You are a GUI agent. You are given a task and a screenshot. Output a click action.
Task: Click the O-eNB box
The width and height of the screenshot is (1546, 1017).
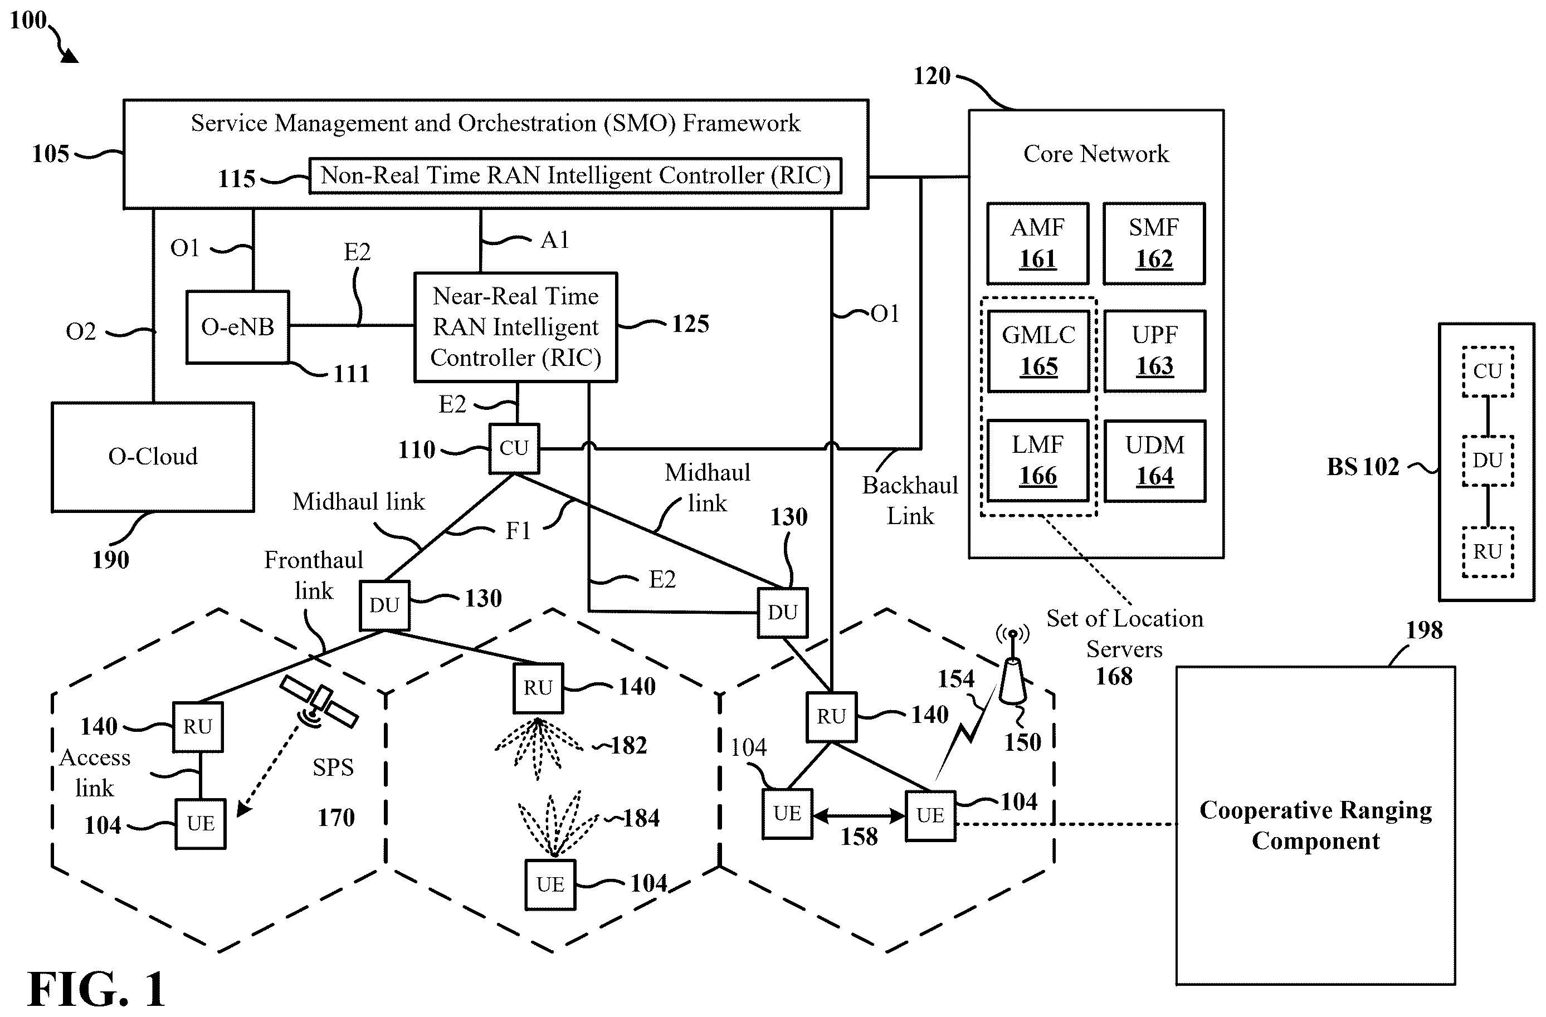[238, 327]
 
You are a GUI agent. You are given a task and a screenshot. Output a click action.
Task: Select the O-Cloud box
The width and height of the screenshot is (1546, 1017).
[153, 457]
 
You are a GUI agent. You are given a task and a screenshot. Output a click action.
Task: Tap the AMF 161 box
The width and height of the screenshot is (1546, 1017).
[1037, 243]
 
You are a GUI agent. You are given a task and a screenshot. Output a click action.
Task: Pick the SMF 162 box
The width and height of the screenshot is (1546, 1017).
[1154, 243]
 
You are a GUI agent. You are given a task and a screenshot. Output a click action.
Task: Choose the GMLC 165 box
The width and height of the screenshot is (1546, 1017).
[1038, 351]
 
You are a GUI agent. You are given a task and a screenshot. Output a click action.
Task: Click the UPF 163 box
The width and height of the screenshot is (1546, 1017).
[1154, 351]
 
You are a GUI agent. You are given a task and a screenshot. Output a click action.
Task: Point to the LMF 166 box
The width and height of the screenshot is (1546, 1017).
[1038, 461]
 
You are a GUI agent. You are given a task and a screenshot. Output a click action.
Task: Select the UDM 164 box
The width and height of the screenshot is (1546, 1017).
[1155, 461]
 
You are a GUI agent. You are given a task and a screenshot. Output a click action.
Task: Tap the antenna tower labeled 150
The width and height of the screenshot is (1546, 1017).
[1013, 669]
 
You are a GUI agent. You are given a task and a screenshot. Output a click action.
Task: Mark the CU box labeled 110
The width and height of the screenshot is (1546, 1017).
[514, 448]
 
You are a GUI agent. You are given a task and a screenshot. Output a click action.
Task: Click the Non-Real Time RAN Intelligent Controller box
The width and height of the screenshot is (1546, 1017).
[576, 175]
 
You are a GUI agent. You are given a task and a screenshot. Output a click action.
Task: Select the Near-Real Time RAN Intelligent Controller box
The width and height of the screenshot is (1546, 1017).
[516, 327]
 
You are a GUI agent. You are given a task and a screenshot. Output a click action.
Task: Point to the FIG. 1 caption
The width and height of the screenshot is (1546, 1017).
[97, 989]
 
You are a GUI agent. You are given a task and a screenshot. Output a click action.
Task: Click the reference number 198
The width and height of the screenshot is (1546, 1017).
[1424, 630]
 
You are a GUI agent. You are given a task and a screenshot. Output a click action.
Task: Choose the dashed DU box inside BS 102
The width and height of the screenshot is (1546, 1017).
[1488, 461]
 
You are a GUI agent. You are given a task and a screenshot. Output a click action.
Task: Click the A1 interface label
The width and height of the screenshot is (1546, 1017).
[555, 240]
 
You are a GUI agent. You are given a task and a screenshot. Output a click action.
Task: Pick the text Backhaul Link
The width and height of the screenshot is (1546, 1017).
[910, 501]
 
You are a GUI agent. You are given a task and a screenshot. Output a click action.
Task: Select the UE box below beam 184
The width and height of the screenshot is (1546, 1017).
[550, 884]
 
